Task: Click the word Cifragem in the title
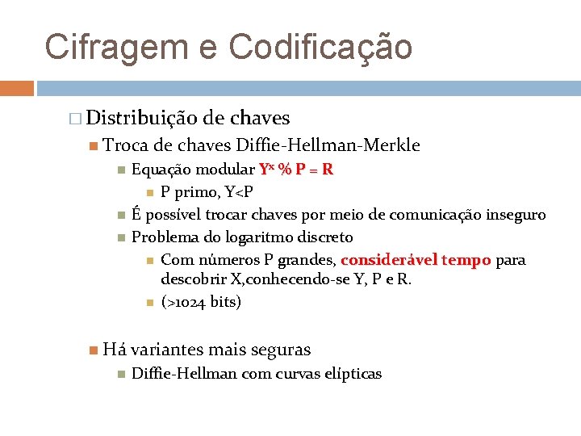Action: pyautogui.click(x=114, y=46)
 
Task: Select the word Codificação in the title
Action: pyautogui.click(x=320, y=46)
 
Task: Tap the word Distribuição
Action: pyautogui.click(x=141, y=118)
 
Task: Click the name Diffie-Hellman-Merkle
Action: pyautogui.click(x=328, y=145)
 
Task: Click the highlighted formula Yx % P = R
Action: pyautogui.click(x=296, y=170)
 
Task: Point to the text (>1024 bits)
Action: pyautogui.click(x=201, y=302)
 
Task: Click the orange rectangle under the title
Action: pyautogui.click(x=16, y=88)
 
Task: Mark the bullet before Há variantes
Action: pyautogui.click(x=94, y=350)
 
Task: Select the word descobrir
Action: pyautogui.click(x=194, y=279)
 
